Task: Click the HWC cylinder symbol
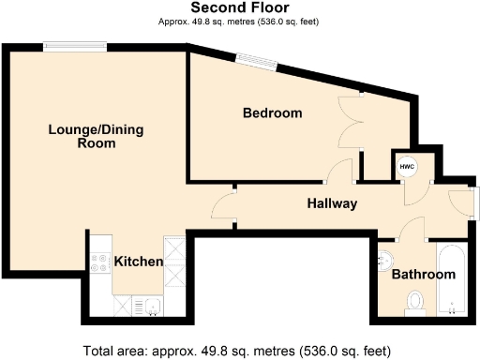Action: (x=406, y=167)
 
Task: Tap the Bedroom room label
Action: (x=272, y=113)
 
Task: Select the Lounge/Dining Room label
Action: (x=82, y=137)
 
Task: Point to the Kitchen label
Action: (x=139, y=262)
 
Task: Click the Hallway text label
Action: (x=332, y=203)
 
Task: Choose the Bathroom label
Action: (x=423, y=275)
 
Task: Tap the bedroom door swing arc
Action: (x=338, y=171)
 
